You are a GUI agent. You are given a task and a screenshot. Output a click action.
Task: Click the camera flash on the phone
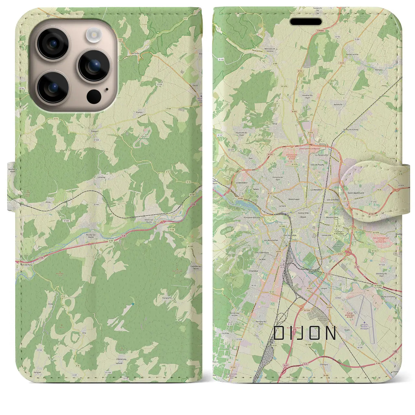94,34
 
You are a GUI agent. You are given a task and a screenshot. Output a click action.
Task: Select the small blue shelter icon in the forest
133,304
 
